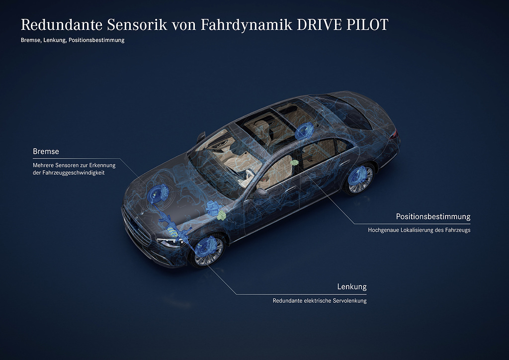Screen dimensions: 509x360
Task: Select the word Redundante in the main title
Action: [x=61, y=25]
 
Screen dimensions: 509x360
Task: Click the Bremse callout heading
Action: [x=46, y=151]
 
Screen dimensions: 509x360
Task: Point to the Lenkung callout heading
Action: [x=352, y=286]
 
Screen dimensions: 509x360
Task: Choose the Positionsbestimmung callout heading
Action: [x=433, y=216]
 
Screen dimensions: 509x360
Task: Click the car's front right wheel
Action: [x=208, y=251]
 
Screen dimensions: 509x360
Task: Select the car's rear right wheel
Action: [x=360, y=179]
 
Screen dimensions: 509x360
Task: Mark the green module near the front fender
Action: [x=222, y=215]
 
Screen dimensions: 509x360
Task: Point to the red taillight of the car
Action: [x=394, y=135]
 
